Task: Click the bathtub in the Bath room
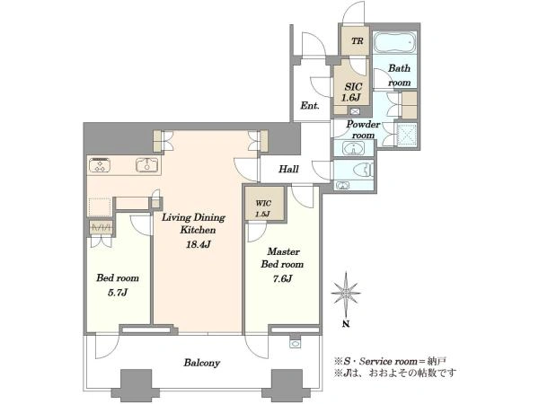[x=394, y=42]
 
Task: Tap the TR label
[x=358, y=41]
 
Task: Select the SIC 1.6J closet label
[x=353, y=92]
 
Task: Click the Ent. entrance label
[x=310, y=105]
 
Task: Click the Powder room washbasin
[x=352, y=149]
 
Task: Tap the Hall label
[x=288, y=169]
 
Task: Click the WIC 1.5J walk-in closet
[x=263, y=208]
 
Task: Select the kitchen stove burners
[x=100, y=165]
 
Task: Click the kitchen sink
[x=147, y=165]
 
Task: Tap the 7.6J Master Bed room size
[x=282, y=278]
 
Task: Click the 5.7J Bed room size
[x=118, y=292]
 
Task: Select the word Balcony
[x=201, y=363]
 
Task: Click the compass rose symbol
[x=346, y=293]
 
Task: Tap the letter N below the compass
[x=346, y=323]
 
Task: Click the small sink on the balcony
[x=295, y=344]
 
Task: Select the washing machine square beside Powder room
[x=407, y=134]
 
